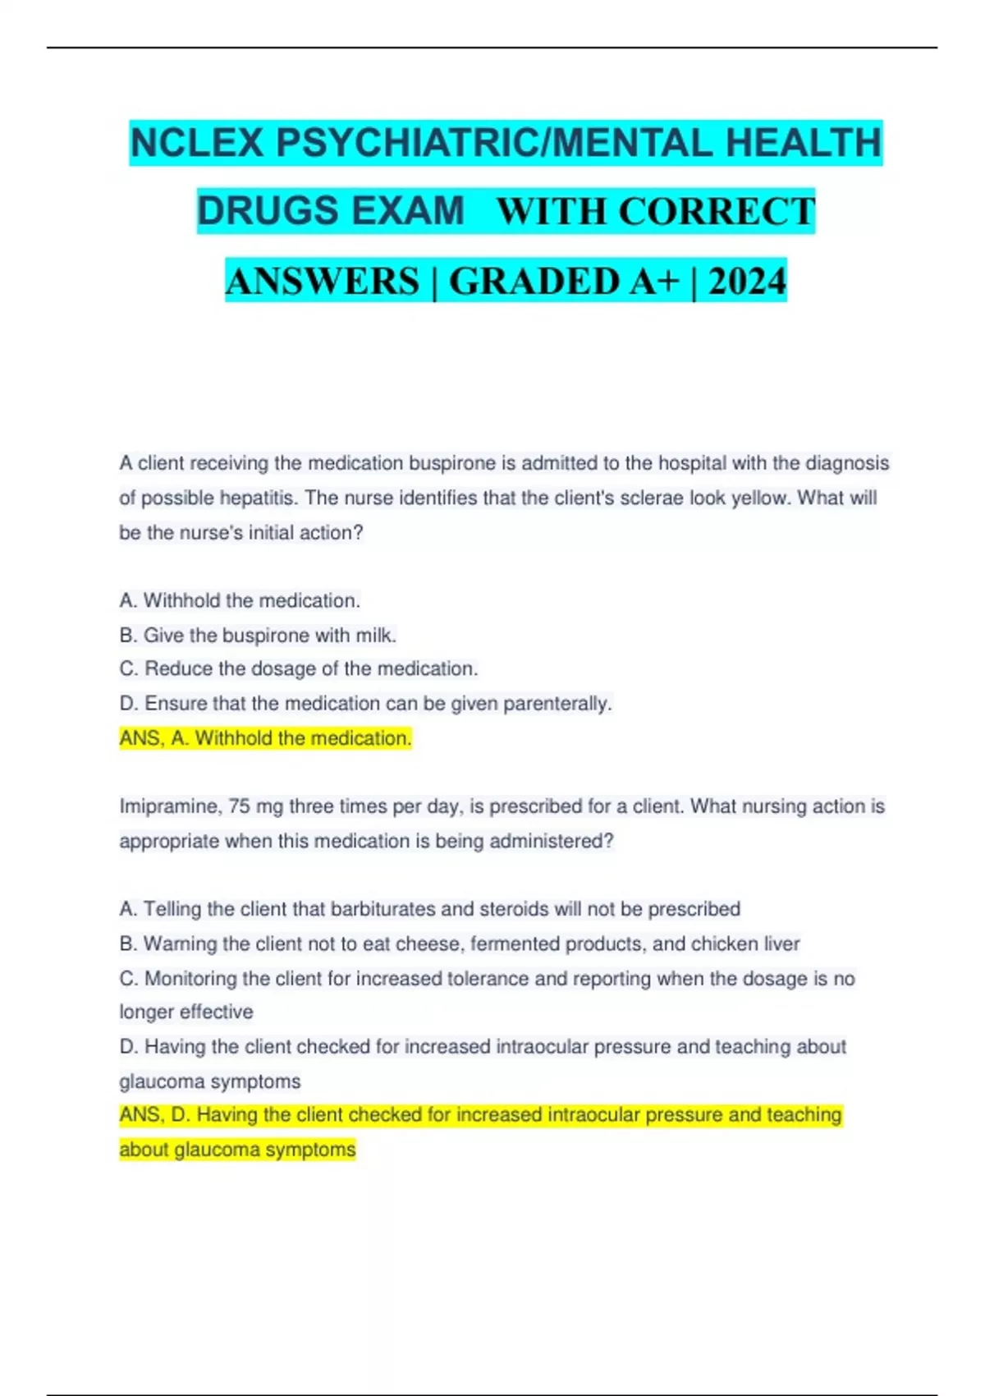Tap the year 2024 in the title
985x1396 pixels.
click(747, 281)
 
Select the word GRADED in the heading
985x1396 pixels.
click(534, 281)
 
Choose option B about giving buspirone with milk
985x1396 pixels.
click(258, 636)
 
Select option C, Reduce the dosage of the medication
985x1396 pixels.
click(298, 669)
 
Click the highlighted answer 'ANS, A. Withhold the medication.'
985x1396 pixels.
click(265, 738)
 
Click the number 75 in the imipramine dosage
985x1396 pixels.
click(240, 806)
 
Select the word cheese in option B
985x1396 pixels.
click(431, 944)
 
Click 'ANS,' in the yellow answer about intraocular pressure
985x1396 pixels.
click(141, 1115)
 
